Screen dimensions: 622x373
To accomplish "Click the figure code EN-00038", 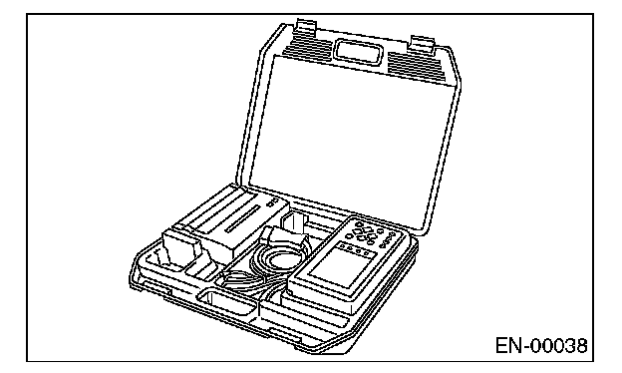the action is click(541, 345).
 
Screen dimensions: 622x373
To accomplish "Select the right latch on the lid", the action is click(423, 43).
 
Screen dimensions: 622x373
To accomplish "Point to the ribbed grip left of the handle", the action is click(307, 46).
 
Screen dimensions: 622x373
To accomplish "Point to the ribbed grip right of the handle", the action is click(418, 67).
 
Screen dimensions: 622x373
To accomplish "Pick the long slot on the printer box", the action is click(243, 218).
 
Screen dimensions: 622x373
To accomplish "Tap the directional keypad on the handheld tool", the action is click(364, 232).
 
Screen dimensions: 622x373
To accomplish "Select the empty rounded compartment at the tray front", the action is click(227, 302).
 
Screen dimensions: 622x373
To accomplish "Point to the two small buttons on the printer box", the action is click(272, 204).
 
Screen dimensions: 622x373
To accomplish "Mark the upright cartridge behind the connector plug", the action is click(294, 223).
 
